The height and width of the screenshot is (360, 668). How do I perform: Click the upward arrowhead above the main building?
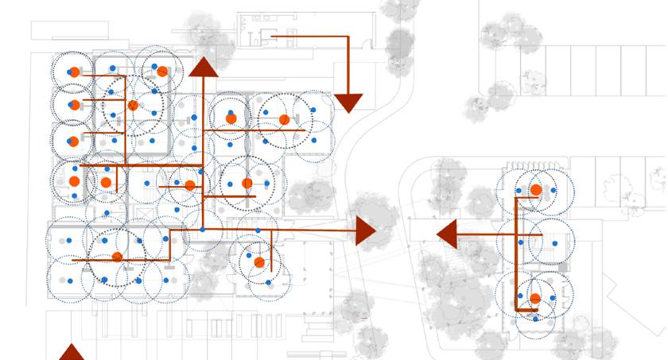click(204, 68)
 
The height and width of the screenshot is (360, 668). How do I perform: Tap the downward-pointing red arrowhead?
click(348, 103)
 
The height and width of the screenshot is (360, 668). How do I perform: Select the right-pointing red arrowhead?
click(365, 231)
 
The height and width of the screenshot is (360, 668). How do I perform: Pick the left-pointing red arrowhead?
click(446, 234)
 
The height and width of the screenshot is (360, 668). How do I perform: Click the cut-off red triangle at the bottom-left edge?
click(72, 352)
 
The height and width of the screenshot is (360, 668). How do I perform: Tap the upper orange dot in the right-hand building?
click(536, 190)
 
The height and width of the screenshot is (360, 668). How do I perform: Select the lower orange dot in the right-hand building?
click(535, 299)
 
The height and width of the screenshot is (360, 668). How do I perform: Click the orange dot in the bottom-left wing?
click(117, 257)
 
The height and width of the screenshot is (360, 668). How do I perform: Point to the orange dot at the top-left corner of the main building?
click(74, 72)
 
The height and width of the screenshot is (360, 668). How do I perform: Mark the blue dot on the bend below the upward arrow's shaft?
click(203, 230)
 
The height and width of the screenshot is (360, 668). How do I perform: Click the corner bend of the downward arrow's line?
click(348, 37)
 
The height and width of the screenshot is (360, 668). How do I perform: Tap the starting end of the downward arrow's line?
click(272, 37)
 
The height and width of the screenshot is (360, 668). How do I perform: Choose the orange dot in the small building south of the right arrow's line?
click(259, 262)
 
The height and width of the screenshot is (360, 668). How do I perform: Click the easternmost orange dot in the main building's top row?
click(284, 120)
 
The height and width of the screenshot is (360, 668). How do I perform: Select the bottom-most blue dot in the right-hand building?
click(535, 319)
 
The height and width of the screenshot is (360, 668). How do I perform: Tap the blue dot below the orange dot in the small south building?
click(269, 282)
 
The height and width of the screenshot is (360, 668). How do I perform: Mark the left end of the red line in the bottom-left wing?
click(73, 260)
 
